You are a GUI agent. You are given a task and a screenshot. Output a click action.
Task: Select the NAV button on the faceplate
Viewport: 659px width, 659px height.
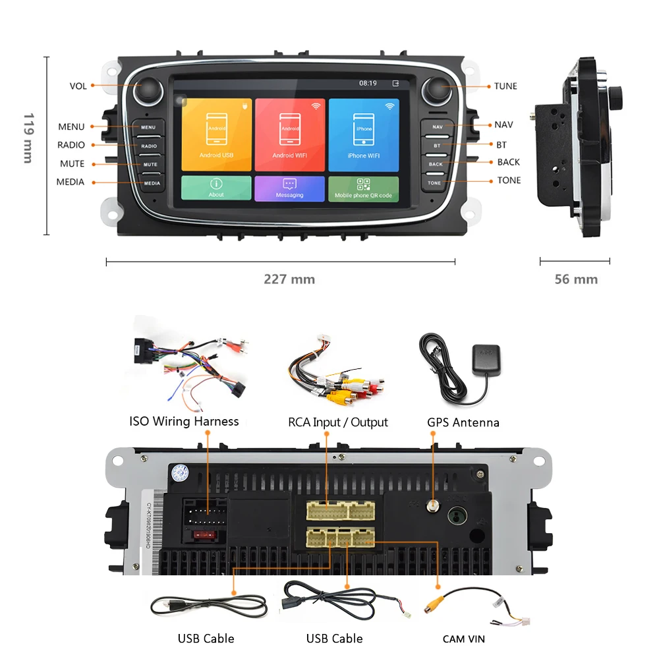tap(437, 126)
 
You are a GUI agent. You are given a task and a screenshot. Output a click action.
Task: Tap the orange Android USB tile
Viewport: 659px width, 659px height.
tap(216, 134)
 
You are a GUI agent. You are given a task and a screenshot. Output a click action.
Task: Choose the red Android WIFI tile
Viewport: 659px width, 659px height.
tap(290, 134)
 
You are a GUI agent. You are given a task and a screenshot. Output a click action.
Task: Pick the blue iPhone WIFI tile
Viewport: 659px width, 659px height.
tap(363, 134)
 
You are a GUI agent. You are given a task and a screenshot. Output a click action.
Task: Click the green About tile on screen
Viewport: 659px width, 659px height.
tap(216, 188)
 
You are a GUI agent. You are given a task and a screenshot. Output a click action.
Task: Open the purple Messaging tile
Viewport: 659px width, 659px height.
tap(290, 188)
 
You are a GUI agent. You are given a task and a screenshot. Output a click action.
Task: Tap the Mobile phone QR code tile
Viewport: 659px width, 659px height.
tap(363, 188)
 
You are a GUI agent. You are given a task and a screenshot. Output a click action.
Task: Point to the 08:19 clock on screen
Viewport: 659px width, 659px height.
tap(368, 84)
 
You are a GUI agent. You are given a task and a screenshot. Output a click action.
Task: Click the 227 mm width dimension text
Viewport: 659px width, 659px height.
tap(289, 279)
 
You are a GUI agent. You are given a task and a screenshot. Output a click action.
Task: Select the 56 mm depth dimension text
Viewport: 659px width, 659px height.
tap(576, 279)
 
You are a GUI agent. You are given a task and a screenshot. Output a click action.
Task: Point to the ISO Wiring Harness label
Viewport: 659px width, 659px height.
tap(184, 421)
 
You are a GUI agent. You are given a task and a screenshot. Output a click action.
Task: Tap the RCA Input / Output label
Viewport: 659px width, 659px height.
tap(338, 422)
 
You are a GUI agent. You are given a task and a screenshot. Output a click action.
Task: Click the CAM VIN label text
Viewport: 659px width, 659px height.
tap(463, 639)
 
